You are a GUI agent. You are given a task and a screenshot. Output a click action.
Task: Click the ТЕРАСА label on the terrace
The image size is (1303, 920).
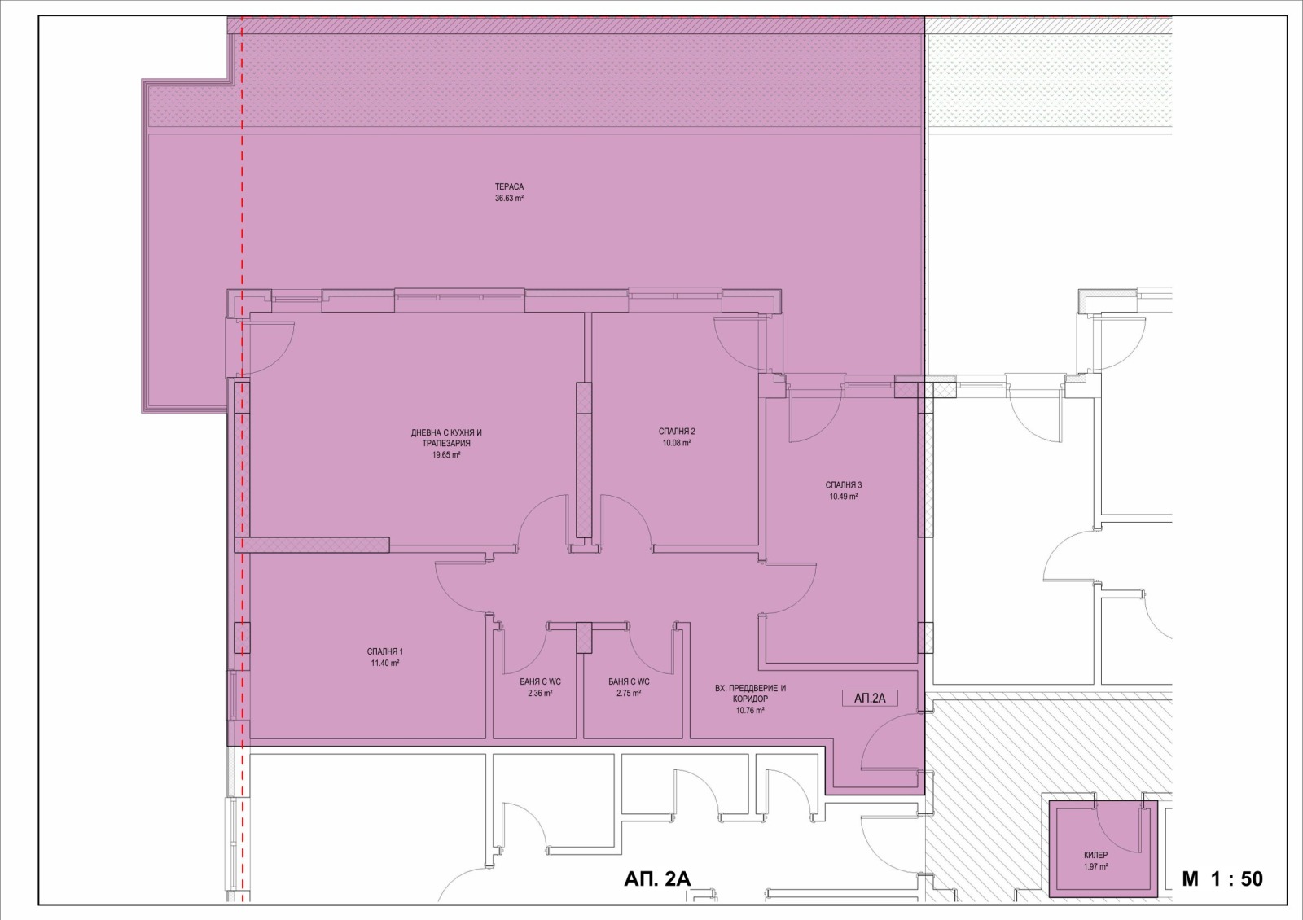point(509,186)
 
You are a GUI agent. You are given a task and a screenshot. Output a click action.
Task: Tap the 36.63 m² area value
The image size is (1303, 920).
point(509,198)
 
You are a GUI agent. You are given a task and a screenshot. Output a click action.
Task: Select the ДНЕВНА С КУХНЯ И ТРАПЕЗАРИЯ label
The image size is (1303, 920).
point(446,438)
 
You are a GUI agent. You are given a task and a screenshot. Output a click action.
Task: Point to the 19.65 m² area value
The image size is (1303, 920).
point(446,455)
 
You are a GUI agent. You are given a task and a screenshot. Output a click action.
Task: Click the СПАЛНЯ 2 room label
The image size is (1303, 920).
point(677,432)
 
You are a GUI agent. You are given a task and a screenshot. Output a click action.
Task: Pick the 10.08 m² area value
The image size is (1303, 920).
point(677,443)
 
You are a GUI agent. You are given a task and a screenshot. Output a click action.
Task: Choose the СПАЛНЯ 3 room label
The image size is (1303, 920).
point(844,485)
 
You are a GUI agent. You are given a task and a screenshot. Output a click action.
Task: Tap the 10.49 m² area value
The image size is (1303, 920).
point(844,497)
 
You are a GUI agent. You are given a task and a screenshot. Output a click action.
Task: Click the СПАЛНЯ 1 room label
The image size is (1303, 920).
point(384,651)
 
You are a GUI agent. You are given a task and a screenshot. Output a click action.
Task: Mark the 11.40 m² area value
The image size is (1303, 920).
point(384,663)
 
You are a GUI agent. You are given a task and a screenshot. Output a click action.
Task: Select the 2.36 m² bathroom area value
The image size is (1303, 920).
point(540,693)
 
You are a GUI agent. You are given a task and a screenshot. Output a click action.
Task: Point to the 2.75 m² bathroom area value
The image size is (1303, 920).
point(629,693)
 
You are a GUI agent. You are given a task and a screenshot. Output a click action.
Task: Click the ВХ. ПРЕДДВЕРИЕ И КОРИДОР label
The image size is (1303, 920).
point(750,693)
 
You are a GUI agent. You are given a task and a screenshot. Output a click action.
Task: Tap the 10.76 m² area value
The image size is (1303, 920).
point(750,710)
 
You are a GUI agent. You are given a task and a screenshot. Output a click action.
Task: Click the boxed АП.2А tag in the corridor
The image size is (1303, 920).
point(870,699)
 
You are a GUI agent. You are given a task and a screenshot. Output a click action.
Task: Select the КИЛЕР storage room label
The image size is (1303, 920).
point(1096,856)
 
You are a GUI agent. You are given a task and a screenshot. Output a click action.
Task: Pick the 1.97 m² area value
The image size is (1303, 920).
point(1096,866)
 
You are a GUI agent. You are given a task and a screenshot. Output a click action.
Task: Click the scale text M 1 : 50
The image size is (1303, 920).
point(1222,878)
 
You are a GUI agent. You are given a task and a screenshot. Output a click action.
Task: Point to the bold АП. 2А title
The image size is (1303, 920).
point(657,878)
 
